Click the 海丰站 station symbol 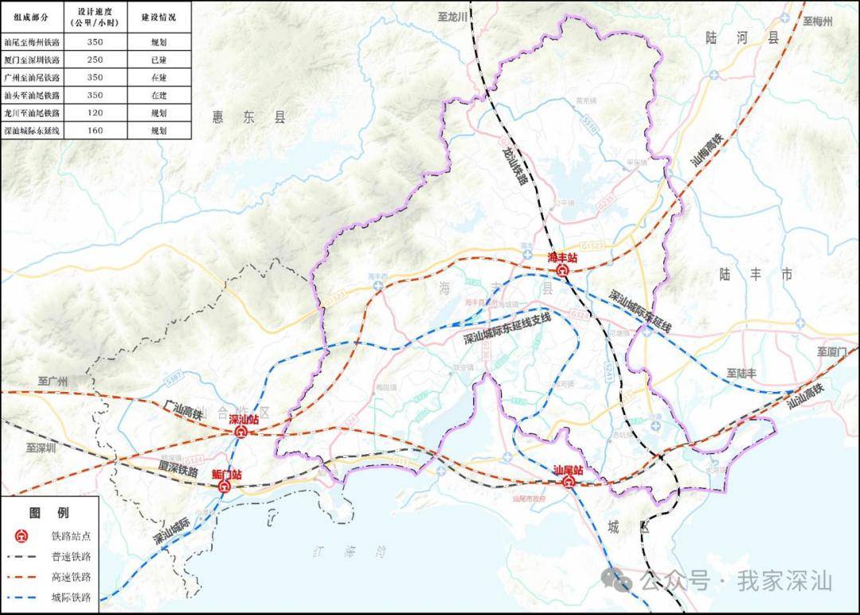(x=562, y=271)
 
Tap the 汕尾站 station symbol (x=569, y=483)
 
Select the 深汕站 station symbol (x=240, y=432)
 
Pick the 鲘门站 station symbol (x=225, y=486)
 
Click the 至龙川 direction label (x=453, y=16)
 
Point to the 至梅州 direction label (x=818, y=22)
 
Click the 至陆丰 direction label (x=741, y=373)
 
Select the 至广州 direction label (x=55, y=382)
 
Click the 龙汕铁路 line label (x=514, y=165)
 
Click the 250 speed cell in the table (x=95, y=60)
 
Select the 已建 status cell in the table (x=159, y=60)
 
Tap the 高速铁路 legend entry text (x=71, y=577)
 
